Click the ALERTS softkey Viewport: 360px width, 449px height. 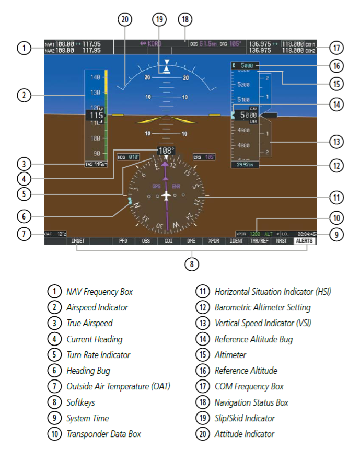pyautogui.click(x=304, y=241)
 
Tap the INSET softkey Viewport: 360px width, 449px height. pyautogui.click(x=78, y=241)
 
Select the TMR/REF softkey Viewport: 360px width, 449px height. pyautogui.click(x=259, y=241)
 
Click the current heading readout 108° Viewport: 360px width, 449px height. pyautogui.click(x=166, y=151)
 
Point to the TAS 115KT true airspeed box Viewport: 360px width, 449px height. pyautogui.click(x=96, y=164)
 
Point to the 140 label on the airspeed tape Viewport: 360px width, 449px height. pyautogui.click(x=95, y=77)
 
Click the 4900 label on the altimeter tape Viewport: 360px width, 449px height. pyautogui.click(x=243, y=130)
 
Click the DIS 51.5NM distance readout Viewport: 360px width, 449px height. pyautogui.click(x=202, y=44)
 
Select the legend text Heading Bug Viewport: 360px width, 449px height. pyautogui.click(x=88, y=370)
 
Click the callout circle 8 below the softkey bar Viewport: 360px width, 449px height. pyautogui.click(x=192, y=264)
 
